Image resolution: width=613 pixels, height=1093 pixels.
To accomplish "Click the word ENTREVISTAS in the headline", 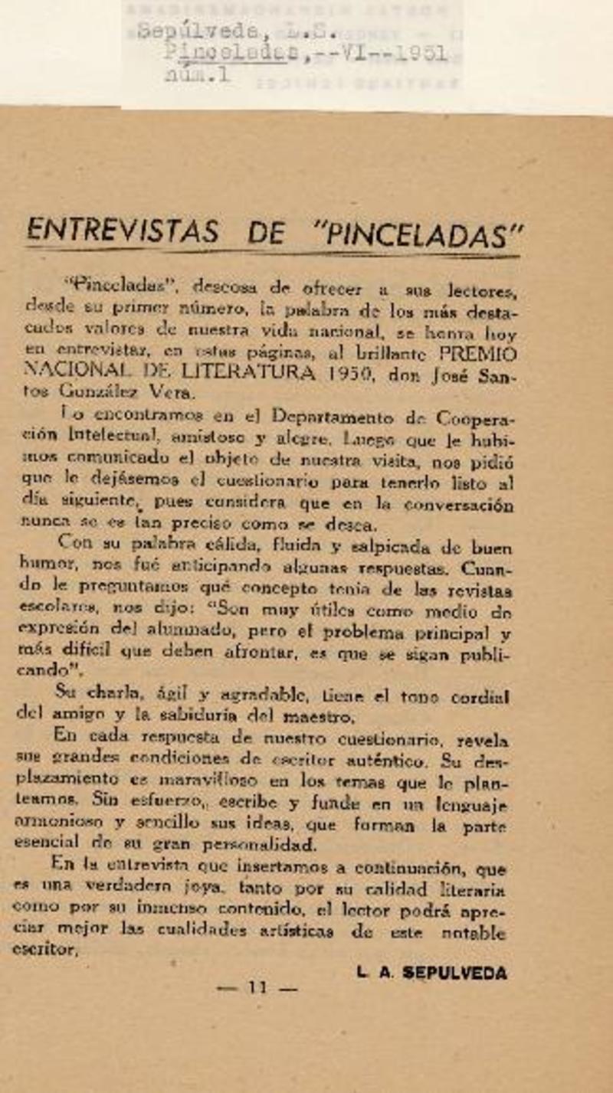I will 123,231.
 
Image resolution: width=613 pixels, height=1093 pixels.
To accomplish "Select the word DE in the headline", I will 267,232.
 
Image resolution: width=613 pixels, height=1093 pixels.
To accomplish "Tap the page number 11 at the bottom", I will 257,988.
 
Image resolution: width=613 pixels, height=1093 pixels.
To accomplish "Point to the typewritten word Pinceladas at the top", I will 231,54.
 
